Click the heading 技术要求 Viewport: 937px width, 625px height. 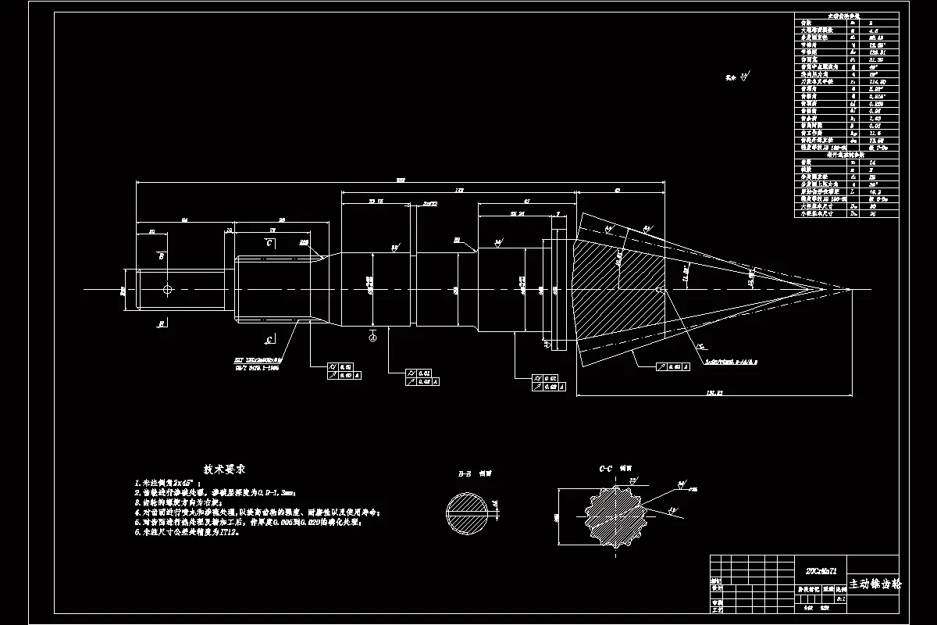click(225, 470)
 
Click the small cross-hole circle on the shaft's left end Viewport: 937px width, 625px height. click(167, 290)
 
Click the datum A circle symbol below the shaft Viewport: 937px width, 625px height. click(373, 337)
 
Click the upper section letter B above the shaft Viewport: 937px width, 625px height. click(161, 255)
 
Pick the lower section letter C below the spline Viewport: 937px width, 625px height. click(269, 340)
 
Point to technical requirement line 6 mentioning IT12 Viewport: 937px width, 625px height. click(187, 532)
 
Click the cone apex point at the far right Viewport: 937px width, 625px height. click(850, 289)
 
